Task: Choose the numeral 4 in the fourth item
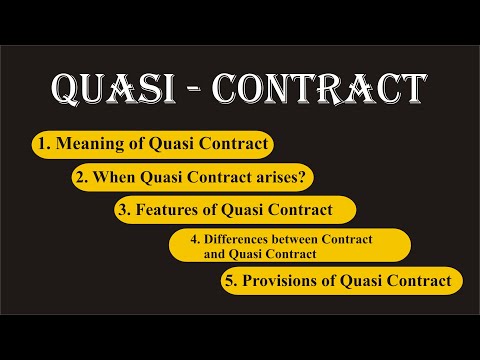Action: (x=181, y=238)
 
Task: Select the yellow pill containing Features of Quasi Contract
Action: (x=235, y=210)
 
